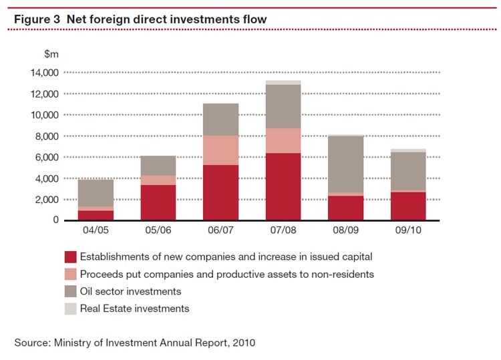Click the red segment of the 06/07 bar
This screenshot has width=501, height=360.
[x=220, y=192]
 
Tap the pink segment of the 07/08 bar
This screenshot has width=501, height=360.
[x=283, y=140]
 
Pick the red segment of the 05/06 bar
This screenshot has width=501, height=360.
[x=158, y=202]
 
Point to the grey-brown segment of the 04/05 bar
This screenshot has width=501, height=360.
[x=96, y=193]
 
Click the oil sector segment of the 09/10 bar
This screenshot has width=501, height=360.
[x=408, y=171]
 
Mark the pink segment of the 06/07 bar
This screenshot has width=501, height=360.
[x=220, y=150]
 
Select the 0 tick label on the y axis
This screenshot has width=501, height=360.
[x=56, y=220]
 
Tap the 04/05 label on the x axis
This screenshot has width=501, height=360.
[x=96, y=231]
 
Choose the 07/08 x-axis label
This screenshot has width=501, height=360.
[x=283, y=231]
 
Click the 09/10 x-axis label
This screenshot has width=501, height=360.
[x=408, y=231]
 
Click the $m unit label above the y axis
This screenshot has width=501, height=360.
[x=52, y=53]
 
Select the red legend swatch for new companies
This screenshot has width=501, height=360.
[x=70, y=257]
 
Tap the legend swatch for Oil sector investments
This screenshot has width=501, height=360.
[x=70, y=292]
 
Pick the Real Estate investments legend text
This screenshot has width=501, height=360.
[x=134, y=309]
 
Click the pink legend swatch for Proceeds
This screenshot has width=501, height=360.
[x=70, y=275]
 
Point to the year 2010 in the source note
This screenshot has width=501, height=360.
[x=242, y=343]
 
